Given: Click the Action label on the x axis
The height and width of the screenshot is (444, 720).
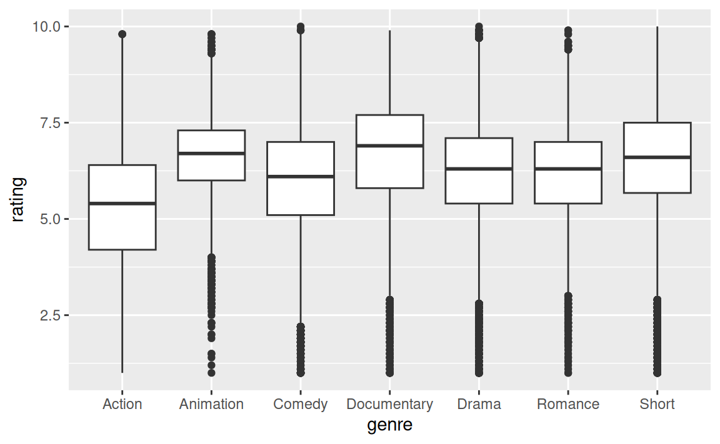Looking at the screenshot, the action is pos(122,404).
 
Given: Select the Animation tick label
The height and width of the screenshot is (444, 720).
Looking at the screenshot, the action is pos(211,404).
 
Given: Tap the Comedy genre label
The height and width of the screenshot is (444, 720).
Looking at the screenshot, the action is pos(300,405).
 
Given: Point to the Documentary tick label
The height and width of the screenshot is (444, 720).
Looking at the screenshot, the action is pos(389,405).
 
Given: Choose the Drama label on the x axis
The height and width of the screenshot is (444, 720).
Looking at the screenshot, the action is pos(479,404).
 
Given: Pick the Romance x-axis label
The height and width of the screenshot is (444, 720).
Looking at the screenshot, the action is pos(568,404).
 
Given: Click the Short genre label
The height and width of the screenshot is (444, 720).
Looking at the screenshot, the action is pos(657,404).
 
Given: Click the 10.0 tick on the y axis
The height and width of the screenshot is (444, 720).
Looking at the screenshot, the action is pos(46,27).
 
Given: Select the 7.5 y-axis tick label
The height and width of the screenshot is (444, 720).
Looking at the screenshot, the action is pos(51,123).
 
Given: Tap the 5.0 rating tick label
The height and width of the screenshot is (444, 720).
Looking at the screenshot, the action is pos(51,219).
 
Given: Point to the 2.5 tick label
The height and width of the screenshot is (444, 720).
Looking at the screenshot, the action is pos(51,315).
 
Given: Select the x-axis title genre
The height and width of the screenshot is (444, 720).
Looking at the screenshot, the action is pos(389,425).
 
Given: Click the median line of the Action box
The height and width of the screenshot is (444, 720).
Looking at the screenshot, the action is pos(122,203).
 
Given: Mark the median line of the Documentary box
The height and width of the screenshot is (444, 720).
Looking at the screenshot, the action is pos(389,146).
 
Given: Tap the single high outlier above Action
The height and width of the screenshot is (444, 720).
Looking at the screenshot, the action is pos(122,34).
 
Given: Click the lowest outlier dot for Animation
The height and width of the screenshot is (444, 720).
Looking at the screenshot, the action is pos(211,373).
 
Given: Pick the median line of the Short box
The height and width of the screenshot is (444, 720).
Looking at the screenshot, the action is pos(657,157).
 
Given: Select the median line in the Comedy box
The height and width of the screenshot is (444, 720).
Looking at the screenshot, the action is pos(300,177).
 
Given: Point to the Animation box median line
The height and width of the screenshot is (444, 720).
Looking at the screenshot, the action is pos(211,153).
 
